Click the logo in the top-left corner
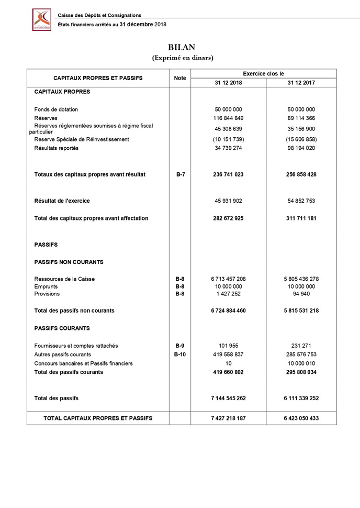coord(42,20)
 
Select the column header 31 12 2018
coord(228,83)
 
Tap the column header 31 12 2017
coord(301,83)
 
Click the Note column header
coord(179,78)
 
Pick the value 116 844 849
coord(228,118)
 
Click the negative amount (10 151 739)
coord(228,139)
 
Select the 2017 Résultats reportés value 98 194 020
coord(301,148)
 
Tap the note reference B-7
coord(179,174)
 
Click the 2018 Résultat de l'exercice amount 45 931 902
coord(228,201)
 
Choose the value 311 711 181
coord(301,218)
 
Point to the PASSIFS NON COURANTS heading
coord(69,262)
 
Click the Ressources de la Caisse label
coord(65,279)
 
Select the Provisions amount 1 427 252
coord(228,294)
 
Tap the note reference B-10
coord(179,355)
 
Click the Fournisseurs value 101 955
coord(228,346)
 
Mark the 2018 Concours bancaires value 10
coord(228,363)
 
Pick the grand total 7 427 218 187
coord(228,418)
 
